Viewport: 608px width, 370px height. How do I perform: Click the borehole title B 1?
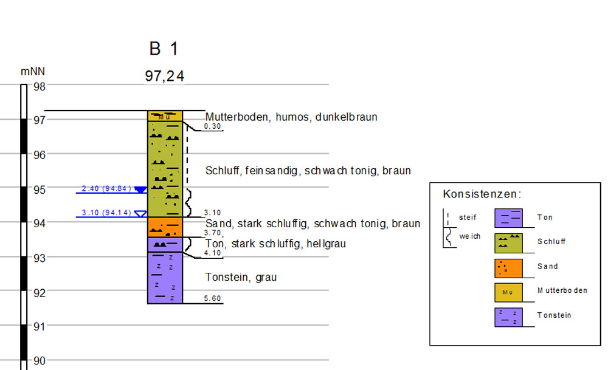[164, 49]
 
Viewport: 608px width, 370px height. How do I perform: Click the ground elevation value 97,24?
[164, 77]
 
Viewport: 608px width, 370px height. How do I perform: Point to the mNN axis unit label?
[33, 72]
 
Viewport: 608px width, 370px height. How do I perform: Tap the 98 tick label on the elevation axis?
[40, 86]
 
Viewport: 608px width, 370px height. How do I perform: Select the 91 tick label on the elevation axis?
[40, 327]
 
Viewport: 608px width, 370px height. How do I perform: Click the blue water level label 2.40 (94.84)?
[106, 188]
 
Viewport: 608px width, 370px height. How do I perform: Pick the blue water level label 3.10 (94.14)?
[106, 213]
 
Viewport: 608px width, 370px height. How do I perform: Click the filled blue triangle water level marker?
[140, 190]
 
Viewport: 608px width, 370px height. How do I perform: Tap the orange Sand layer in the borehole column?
[165, 227]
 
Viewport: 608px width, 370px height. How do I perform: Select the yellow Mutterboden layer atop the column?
[165, 116]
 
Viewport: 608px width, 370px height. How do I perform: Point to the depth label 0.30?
[212, 126]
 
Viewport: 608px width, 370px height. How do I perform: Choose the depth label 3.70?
[212, 232]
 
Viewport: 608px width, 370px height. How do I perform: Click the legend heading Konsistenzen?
[482, 194]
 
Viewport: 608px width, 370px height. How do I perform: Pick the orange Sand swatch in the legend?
[508, 268]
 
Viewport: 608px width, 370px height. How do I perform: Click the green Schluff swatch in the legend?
[508, 242]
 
